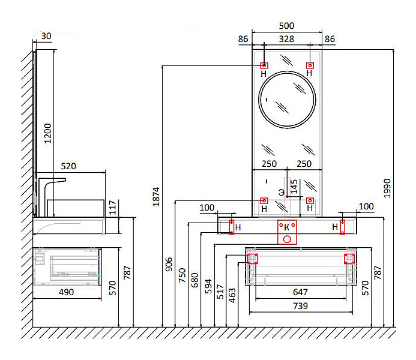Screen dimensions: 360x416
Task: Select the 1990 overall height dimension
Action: [x=388, y=188]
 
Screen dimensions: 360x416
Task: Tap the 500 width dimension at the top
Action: [x=287, y=26]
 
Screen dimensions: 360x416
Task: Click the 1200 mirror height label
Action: [x=49, y=133]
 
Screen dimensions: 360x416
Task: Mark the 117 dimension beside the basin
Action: [x=112, y=207]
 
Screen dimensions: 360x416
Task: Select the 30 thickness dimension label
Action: [x=46, y=36]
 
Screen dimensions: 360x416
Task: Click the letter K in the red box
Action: [x=287, y=227]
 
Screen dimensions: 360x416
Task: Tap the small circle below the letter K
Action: [x=287, y=239]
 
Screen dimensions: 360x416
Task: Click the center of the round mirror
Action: [x=287, y=99]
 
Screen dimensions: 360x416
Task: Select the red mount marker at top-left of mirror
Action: [x=264, y=65]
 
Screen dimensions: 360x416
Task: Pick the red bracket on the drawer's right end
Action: [x=347, y=259]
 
